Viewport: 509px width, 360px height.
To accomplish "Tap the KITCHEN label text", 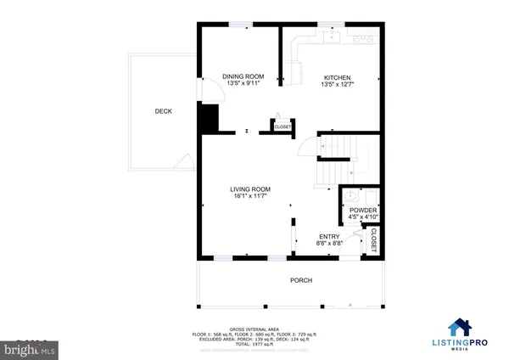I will click(337, 76).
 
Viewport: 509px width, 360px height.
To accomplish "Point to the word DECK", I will click(163, 111).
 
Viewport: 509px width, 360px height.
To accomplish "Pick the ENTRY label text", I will click(328, 237).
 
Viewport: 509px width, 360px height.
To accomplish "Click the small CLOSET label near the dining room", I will click(282, 127).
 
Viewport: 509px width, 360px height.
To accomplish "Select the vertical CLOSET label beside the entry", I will click(372, 239).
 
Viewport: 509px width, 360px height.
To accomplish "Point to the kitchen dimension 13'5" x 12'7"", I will click(337, 84).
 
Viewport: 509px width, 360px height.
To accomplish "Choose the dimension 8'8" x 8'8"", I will click(328, 244).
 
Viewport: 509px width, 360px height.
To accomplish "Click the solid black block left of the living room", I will click(205, 118).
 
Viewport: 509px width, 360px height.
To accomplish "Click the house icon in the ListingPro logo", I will click(461, 327).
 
